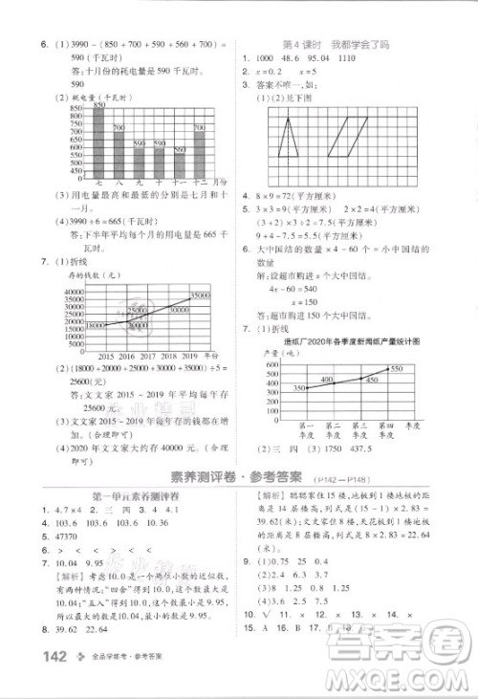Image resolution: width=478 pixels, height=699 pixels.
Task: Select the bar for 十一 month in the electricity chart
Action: [x=180, y=163]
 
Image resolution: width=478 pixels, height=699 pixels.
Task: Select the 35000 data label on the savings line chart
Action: [x=198, y=296]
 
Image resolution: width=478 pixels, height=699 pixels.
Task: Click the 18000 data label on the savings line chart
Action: [x=95, y=326]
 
